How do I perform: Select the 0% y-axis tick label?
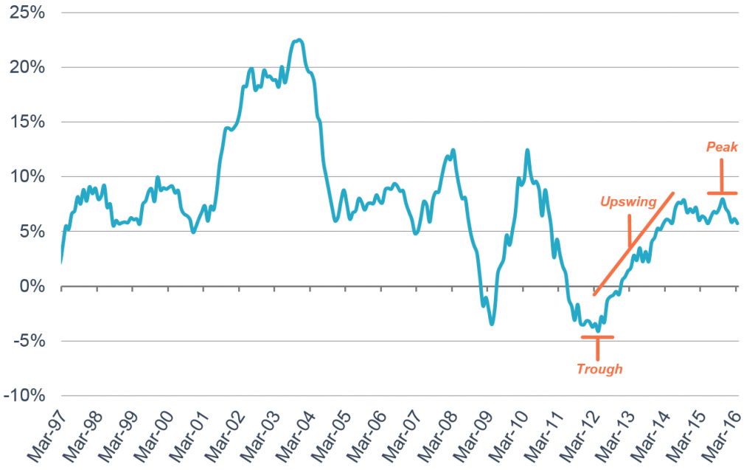click(x=32, y=286)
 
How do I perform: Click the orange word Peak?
click(x=722, y=148)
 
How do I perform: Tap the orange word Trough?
click(x=599, y=369)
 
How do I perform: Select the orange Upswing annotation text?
click(x=628, y=201)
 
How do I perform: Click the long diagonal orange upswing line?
click(x=634, y=243)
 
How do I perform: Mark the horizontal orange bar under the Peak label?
click(x=722, y=193)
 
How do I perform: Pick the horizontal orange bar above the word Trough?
click(x=597, y=337)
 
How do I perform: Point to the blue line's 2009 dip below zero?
click(x=492, y=322)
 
